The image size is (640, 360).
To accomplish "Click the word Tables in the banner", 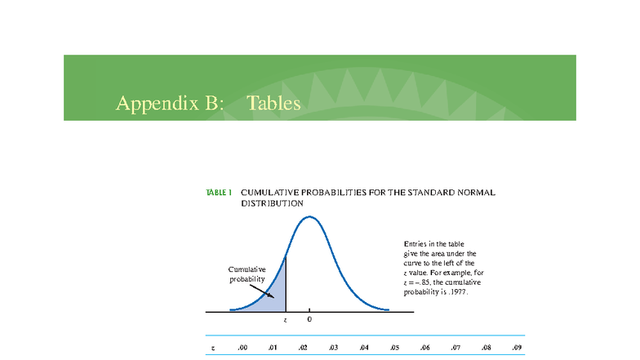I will (273, 104).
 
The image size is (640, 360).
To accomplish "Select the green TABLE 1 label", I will (219, 193).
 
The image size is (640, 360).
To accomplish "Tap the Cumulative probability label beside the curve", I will (247, 274).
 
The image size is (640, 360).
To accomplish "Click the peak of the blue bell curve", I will (308, 216).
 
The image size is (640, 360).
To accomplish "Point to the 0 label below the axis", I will (309, 320).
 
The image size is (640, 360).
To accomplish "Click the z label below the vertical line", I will (285, 320).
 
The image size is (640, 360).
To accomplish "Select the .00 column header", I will (242, 348).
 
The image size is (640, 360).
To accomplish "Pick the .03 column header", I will (333, 348).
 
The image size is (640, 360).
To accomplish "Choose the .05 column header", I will (394, 348).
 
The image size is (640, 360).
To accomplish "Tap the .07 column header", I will (456, 348).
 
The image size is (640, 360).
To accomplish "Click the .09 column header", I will (516, 348).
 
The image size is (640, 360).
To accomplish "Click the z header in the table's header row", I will (212, 348).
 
